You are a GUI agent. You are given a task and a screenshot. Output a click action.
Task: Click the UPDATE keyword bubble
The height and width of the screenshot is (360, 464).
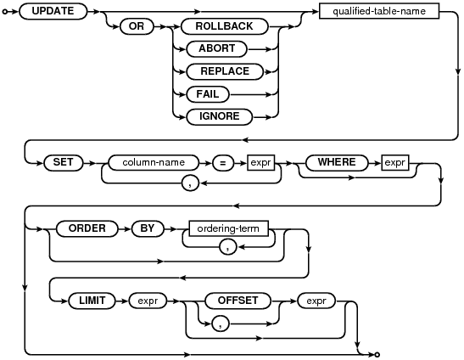coord(53,11)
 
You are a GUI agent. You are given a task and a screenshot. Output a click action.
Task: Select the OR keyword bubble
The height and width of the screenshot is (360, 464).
coord(137,26)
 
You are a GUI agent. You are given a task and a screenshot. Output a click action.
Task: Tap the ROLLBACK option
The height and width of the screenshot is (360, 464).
coord(224,26)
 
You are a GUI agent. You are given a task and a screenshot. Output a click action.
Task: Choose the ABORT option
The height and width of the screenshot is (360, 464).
coord(216,48)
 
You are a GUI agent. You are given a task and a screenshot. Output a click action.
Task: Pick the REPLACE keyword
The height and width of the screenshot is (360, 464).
coord(225,71)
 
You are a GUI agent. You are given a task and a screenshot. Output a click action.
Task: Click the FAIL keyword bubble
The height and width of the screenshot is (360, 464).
coord(208,94)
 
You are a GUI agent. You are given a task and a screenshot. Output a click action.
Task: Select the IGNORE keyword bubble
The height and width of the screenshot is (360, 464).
coord(219,116)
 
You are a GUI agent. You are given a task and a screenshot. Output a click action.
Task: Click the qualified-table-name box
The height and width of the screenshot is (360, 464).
coord(379,11)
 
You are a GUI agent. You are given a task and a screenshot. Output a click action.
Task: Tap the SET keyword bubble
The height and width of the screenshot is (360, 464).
coord(64,163)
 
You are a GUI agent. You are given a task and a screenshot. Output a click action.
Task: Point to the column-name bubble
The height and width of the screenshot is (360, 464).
coord(154,163)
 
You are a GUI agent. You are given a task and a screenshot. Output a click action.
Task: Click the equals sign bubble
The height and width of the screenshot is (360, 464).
coord(223,163)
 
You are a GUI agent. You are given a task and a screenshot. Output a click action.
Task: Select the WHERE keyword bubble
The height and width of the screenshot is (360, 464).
coord(337,163)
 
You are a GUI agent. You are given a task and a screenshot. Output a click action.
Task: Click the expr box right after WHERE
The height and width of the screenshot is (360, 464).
coord(395,163)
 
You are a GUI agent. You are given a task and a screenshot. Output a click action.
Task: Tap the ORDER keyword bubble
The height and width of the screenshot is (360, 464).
coord(87,228)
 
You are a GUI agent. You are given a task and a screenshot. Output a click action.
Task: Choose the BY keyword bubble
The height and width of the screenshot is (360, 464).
coord(148,228)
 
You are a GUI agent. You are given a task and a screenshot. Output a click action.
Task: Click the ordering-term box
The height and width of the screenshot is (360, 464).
coord(228,228)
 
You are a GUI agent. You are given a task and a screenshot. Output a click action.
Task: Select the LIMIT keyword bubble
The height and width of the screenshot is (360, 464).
coord(92,301)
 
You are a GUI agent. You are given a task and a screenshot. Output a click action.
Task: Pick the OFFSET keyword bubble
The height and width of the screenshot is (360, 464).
coord(238,301)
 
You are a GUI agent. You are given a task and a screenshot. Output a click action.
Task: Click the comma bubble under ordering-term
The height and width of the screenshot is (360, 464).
coord(228,247)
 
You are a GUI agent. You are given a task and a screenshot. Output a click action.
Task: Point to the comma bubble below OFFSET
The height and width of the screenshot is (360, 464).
coord(221,323)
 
